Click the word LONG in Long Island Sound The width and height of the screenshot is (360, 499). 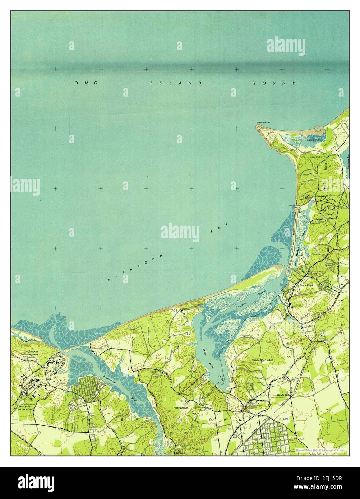[82, 83]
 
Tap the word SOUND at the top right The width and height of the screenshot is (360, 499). [274, 83]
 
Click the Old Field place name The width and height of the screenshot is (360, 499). [317, 157]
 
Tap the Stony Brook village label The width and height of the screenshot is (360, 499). [306, 285]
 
